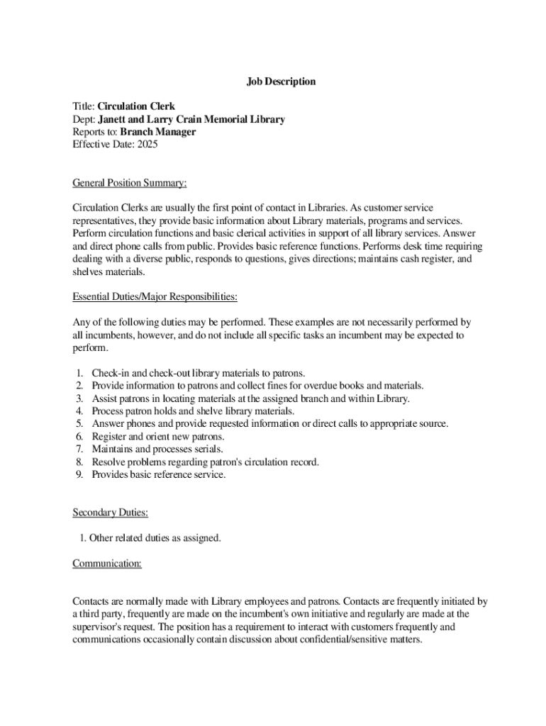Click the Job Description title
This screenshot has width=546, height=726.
click(281, 82)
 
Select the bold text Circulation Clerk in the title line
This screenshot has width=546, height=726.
click(136, 107)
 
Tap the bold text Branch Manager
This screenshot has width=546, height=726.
click(157, 132)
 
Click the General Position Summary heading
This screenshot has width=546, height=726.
click(130, 184)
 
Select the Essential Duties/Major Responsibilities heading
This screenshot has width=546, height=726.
click(155, 296)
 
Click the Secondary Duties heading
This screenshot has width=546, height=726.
click(110, 513)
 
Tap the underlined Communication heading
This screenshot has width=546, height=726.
click(107, 564)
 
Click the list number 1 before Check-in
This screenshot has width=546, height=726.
click(79, 373)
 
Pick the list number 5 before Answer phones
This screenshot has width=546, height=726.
click(79, 424)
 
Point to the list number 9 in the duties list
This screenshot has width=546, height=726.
click(79, 475)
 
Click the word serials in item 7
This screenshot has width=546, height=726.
click(208, 449)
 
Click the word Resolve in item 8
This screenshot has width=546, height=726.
click(109, 462)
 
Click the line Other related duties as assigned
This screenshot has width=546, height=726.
click(150, 538)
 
